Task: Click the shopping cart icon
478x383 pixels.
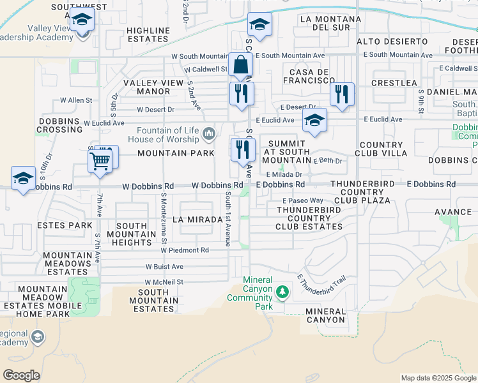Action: click(100, 161)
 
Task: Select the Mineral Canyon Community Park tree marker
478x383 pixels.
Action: click(282, 292)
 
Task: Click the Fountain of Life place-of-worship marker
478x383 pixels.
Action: click(208, 134)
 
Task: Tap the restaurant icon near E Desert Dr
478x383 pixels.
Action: click(342, 94)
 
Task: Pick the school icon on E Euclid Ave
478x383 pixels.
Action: click(314, 121)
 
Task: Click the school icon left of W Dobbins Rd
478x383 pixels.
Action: click(24, 179)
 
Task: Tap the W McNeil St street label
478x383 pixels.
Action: click(164, 282)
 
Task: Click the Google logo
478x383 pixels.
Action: click(21, 375)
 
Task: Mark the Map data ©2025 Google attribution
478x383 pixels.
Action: click(438, 378)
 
